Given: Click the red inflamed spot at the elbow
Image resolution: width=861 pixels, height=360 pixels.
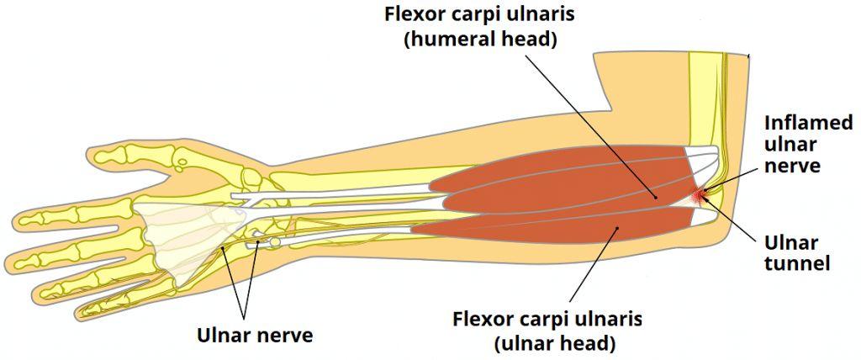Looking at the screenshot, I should tap(698, 197).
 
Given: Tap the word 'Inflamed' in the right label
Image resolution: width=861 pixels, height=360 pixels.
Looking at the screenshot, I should tap(803, 123).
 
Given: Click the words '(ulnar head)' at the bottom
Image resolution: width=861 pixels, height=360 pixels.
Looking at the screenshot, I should tap(548, 342).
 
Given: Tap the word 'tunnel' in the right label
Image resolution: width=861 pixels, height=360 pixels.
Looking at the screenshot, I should tap(800, 264).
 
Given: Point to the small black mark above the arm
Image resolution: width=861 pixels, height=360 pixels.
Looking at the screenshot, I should tap(747, 56).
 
